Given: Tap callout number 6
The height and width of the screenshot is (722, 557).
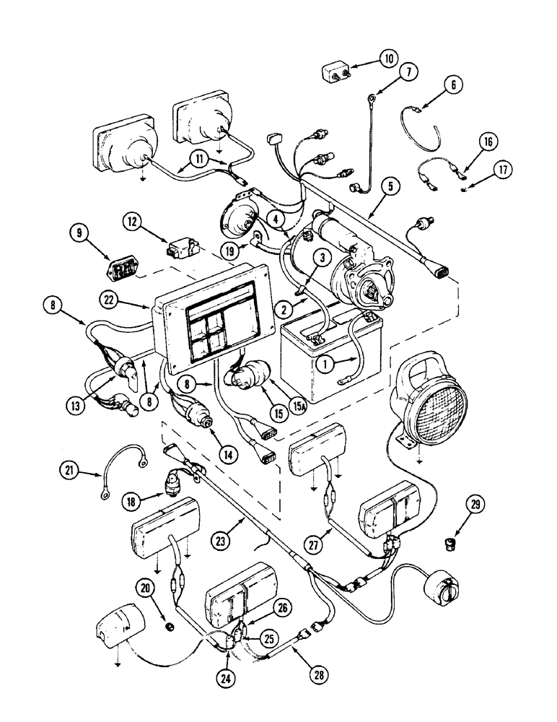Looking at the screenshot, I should (x=453, y=84).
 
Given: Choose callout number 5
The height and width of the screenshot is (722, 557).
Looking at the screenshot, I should (x=390, y=187).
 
